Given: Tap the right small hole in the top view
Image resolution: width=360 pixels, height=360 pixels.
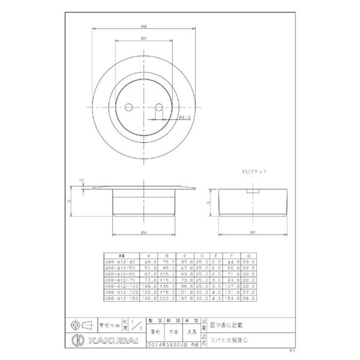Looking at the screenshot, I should click(x=158, y=108).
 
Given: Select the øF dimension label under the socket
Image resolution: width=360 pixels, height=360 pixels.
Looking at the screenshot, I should click(x=253, y=232).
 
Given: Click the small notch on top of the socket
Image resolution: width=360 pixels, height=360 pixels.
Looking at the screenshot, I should click(x=253, y=191).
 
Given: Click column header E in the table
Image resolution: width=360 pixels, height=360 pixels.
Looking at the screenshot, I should click(x=217, y=255).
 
